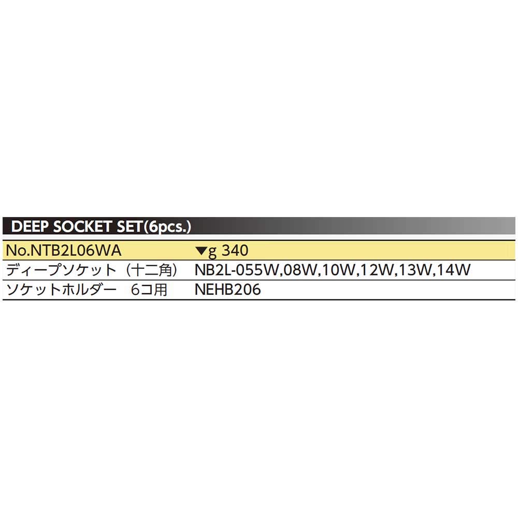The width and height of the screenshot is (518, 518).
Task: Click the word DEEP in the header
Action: (x=30, y=227)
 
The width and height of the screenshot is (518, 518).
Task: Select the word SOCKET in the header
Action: (x=82, y=227)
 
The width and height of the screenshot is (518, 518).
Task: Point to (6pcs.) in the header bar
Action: (x=167, y=227)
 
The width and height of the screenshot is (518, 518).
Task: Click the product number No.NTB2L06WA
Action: (x=64, y=250)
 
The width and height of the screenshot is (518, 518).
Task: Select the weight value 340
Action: (x=235, y=250)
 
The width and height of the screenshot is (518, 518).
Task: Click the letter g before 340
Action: (x=212, y=252)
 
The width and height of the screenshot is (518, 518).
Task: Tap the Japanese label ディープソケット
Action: (x=62, y=270)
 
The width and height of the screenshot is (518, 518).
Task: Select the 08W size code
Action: (x=299, y=270)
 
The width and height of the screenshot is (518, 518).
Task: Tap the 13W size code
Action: (x=415, y=270)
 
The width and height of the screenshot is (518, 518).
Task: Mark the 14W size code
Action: (x=454, y=270)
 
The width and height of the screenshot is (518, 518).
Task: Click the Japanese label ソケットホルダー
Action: (x=62, y=290)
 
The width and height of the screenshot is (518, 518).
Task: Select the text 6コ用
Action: (x=149, y=290)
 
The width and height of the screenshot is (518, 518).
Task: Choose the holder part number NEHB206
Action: (x=228, y=290)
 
